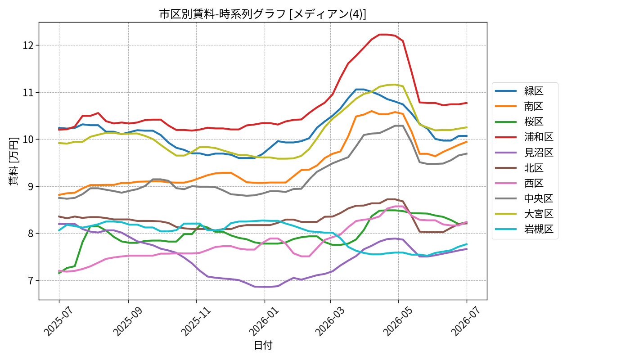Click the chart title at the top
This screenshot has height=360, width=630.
pos(263,14)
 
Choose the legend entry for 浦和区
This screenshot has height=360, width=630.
pos(524,137)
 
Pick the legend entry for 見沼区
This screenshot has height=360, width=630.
pos(524,153)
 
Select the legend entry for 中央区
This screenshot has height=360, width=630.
pos(524,198)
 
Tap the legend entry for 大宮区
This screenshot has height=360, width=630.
pos(524,214)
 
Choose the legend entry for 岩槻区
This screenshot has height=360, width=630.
pos(524,229)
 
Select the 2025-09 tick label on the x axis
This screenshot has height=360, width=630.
pos(129,321)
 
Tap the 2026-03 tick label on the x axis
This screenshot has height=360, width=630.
pos(330,321)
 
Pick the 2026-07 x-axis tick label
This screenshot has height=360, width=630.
pos(467,321)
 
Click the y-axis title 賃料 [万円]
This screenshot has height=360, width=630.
pos(13,161)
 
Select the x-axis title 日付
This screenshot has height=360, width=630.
pos(263,346)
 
